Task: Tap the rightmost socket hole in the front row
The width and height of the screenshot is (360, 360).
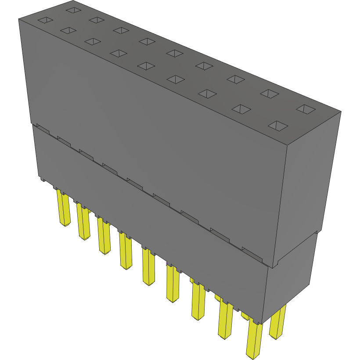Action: pos(278,126)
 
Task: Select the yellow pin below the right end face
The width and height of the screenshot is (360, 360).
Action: pos(277,323)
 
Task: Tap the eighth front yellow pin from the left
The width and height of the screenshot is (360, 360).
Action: pos(225,320)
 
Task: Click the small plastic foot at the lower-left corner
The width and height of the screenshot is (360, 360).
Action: pos(43,179)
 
